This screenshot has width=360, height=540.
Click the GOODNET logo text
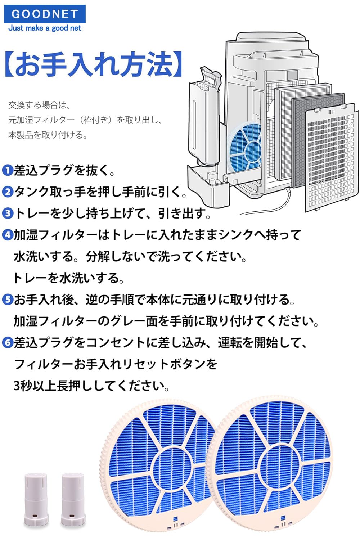(x=45, y=14)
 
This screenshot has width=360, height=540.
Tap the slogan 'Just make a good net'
(x=45, y=28)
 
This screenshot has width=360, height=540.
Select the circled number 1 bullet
(x=7, y=170)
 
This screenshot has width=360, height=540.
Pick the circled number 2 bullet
(x=7, y=192)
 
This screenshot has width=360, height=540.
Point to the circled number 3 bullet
(x=7, y=213)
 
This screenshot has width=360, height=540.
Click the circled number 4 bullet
(x=7, y=235)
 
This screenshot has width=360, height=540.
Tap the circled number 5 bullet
(x=7, y=300)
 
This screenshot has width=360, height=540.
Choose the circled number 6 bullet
(x=7, y=343)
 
